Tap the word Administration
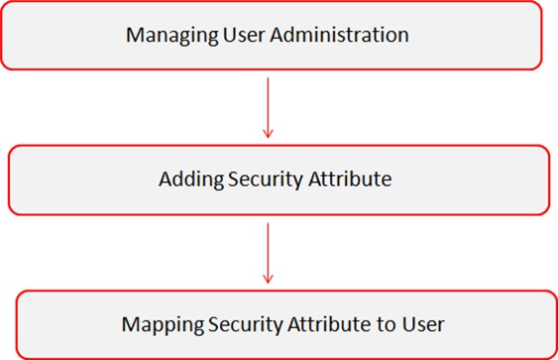point(339,35)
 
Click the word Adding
point(191,180)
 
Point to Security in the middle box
point(266,180)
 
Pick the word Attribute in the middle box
point(350,179)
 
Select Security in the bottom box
point(245,325)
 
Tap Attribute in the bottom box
point(329,324)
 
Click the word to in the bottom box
point(386,324)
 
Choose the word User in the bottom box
point(423,324)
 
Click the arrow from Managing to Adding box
point(268,107)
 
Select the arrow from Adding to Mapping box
point(268,253)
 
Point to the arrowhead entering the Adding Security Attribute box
point(268,138)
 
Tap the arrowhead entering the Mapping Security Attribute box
point(268,283)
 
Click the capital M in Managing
point(135,35)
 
